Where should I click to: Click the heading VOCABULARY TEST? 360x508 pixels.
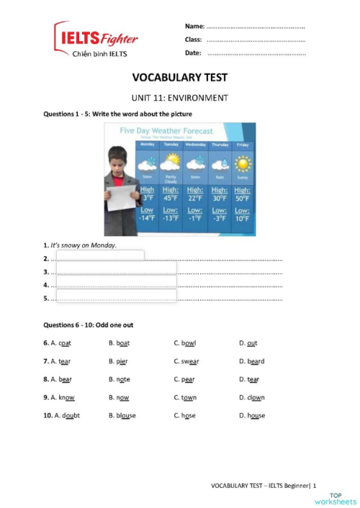pos(179,78)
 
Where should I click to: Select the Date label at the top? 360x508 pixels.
pos(193,53)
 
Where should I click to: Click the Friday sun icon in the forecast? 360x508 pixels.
pos(243,163)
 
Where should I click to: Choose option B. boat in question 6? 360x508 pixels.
pos(120,343)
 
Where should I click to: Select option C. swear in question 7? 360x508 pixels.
pos(186,361)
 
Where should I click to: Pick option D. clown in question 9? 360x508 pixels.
pos(252,397)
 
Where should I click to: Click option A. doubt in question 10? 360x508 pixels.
pos(66,415)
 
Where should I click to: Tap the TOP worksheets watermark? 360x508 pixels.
pos(342,498)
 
